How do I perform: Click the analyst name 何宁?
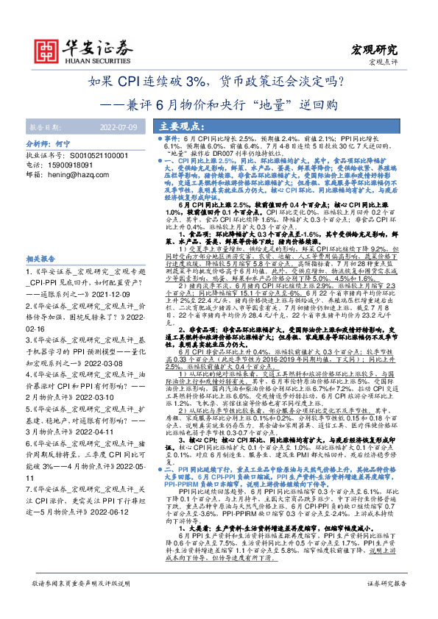pos(84,146)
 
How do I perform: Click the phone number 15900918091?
pos(76,165)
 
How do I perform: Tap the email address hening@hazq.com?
pos(83,176)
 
